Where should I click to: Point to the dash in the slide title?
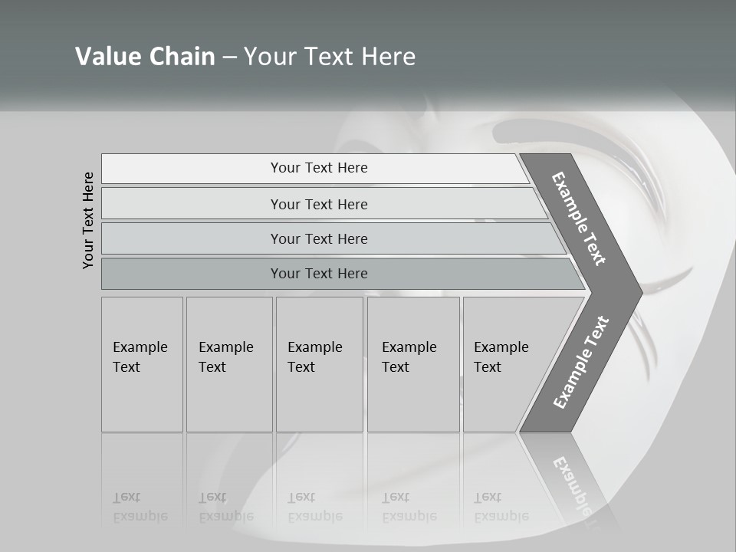click(x=229, y=57)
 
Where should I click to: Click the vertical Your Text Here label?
click(x=88, y=220)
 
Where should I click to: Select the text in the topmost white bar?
click(x=319, y=168)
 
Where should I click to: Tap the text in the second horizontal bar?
click(x=319, y=204)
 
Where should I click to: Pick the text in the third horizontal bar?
click(x=319, y=238)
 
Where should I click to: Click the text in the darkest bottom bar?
click(x=319, y=274)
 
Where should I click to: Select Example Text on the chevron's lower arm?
click(x=581, y=362)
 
